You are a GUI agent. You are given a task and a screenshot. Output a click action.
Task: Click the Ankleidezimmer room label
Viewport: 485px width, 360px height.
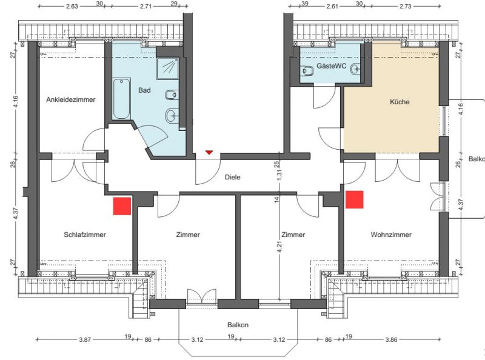click(71, 99)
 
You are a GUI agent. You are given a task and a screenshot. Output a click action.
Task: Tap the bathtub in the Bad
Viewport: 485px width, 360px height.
click(121, 99)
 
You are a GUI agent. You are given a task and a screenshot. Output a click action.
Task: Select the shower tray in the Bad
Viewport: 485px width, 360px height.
click(167, 68)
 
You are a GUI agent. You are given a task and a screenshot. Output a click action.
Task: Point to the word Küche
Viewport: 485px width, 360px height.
click(400, 102)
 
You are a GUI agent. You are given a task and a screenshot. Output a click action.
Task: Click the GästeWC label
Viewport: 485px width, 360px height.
click(331, 66)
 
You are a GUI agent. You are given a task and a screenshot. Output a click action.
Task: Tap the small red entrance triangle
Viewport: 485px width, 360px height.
click(209, 152)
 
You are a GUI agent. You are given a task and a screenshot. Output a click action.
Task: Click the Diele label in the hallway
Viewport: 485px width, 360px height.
click(233, 177)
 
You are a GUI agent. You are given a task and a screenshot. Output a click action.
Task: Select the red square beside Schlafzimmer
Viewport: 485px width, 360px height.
click(122, 206)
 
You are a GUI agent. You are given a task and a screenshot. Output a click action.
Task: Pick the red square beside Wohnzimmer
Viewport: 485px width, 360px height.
click(355, 199)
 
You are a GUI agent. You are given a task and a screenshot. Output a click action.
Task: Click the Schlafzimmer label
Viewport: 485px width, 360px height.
click(85, 235)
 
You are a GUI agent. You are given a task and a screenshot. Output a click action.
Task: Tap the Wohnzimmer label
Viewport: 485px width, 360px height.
click(391, 235)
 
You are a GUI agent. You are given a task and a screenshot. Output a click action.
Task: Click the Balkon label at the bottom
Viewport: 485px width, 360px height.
click(238, 325)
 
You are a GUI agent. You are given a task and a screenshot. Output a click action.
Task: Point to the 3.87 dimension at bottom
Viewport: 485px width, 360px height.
click(85, 339)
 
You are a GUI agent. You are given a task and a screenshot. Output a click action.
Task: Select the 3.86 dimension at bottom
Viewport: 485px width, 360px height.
click(391, 339)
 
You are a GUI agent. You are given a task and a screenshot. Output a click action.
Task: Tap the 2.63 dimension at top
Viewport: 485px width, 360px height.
click(72, 6)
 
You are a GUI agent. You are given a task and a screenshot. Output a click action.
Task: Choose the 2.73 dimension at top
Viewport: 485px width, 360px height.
click(405, 6)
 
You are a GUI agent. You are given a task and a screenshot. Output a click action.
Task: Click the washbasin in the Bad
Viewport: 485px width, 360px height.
click(171, 116)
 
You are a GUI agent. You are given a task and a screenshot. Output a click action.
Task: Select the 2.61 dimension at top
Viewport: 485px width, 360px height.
click(332, 6)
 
